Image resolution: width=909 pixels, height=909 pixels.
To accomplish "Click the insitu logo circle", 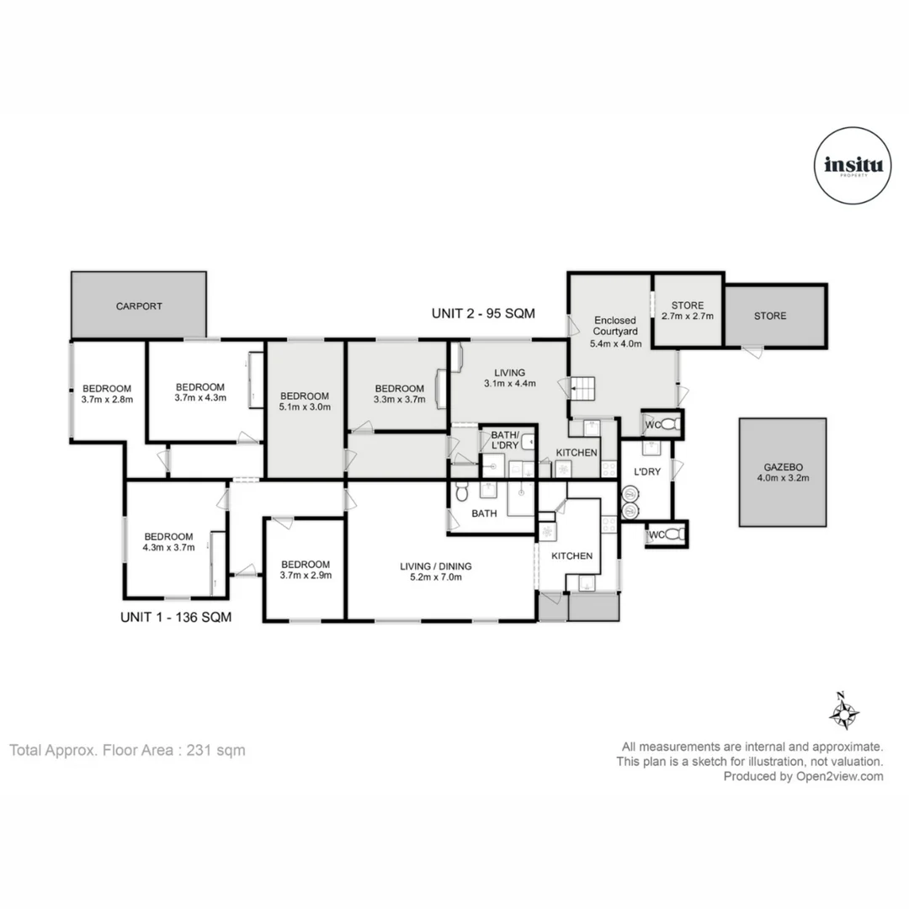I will click(853, 166).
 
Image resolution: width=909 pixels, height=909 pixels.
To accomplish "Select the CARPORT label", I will click(139, 306).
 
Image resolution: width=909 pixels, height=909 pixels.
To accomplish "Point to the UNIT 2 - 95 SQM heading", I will click(484, 313).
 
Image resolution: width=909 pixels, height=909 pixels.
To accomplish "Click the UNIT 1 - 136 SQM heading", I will click(176, 617).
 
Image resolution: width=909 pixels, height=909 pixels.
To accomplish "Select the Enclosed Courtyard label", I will click(615, 321).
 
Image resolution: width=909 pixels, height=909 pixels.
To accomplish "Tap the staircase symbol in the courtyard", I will click(583, 388).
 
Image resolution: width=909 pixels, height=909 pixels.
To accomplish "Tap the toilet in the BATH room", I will click(460, 493).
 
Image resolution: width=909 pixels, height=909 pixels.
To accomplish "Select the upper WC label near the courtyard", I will click(652, 425).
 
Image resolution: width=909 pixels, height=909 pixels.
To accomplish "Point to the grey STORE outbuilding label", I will click(770, 316).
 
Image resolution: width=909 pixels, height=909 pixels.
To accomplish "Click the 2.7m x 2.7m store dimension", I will click(688, 317).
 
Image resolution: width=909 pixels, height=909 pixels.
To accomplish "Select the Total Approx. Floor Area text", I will click(128, 750).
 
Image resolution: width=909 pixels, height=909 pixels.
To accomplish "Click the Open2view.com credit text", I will click(803, 777).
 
